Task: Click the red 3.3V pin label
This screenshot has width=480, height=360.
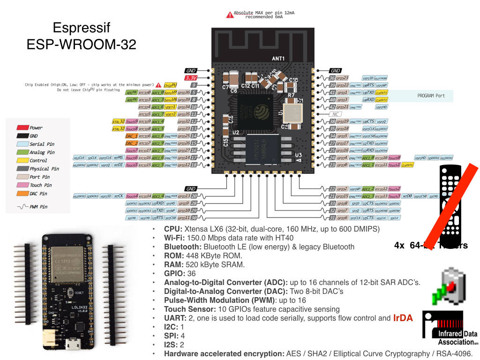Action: pos(191,78)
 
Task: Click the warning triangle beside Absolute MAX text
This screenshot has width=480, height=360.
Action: pos(230,15)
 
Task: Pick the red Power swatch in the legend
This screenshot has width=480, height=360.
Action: pos(22,127)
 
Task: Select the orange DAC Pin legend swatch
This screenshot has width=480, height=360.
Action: pos(22,193)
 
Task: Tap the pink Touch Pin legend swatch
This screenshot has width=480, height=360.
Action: pos(22,185)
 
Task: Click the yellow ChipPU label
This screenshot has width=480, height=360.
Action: pos(170,85)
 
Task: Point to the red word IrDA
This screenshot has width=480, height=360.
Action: pos(403,318)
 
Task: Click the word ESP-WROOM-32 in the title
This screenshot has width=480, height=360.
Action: pos(81,45)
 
